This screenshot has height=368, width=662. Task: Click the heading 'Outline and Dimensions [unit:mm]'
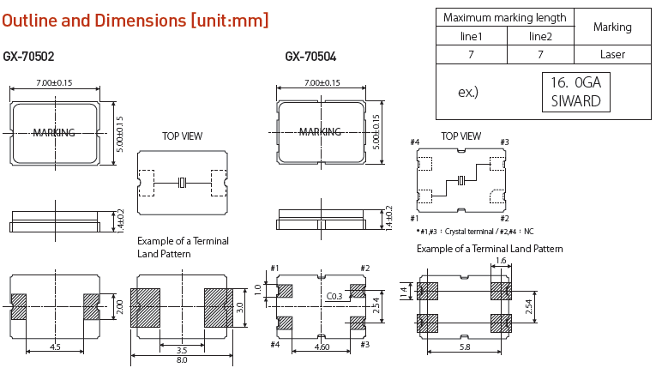click(x=135, y=20)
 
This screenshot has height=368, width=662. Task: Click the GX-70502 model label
click(x=28, y=57)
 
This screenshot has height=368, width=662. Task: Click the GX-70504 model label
click(x=310, y=57)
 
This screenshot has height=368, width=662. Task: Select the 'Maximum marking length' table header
click(x=504, y=17)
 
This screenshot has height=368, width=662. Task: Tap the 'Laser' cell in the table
click(x=611, y=54)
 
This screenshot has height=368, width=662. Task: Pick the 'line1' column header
click(x=471, y=36)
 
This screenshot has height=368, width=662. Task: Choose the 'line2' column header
click(x=539, y=36)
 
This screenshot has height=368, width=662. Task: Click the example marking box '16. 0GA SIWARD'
click(x=575, y=92)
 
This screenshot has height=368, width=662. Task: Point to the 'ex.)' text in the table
click(x=468, y=92)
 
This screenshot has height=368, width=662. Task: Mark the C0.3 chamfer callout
click(x=335, y=297)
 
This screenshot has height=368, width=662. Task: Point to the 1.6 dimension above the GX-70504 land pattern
click(x=501, y=260)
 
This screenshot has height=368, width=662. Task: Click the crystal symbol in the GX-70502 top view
click(x=182, y=183)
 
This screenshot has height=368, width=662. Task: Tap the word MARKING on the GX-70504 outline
click(x=320, y=131)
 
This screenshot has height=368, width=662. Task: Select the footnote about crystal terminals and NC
click(x=474, y=232)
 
